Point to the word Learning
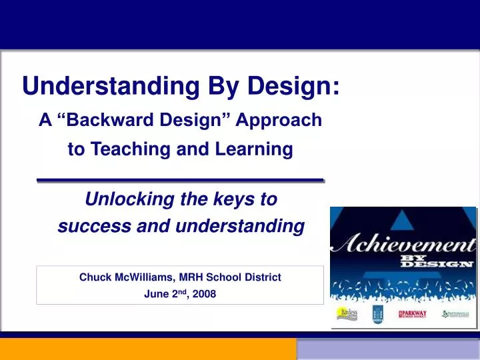[257, 150]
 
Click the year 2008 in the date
[205, 294]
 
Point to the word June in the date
[155, 294]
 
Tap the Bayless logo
[347, 313]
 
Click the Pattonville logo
[457, 313]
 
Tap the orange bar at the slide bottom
[147, 349]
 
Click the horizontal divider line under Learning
[179, 180]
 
